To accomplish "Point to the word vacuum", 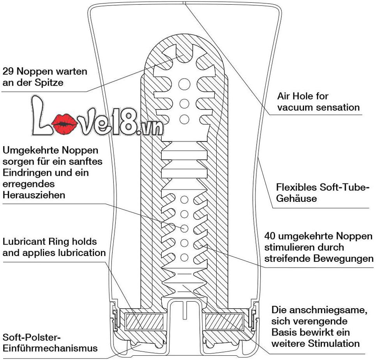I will coord(297,107).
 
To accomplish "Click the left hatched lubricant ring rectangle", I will coord(144,322).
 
